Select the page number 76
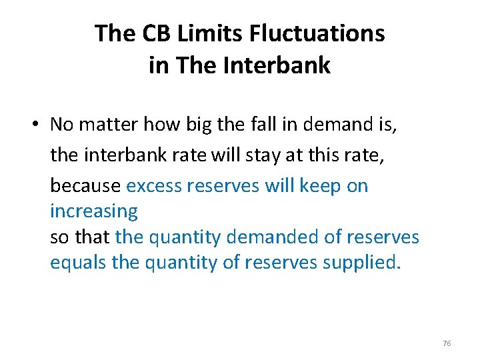point(447,343)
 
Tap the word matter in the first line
point(107,125)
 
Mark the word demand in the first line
point(318,125)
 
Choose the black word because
point(85,185)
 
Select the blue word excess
point(154,185)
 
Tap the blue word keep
point(321,185)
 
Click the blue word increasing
point(94,211)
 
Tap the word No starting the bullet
point(61,125)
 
